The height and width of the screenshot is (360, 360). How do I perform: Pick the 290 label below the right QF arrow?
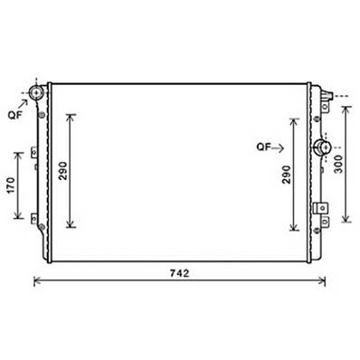tap(286, 175)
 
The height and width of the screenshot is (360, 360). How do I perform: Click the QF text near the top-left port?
tap(15, 116)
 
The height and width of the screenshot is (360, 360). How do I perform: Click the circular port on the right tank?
tap(320, 147)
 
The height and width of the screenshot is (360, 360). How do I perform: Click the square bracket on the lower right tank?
tap(319, 208)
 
